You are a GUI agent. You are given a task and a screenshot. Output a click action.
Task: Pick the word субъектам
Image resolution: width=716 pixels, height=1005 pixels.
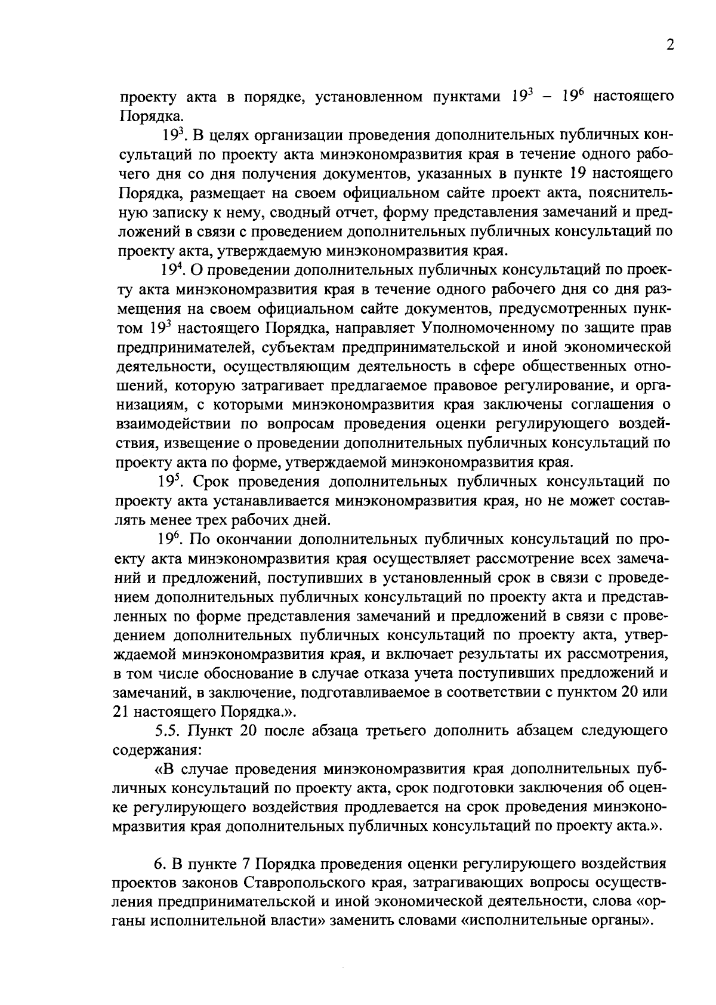(x=289, y=347)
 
